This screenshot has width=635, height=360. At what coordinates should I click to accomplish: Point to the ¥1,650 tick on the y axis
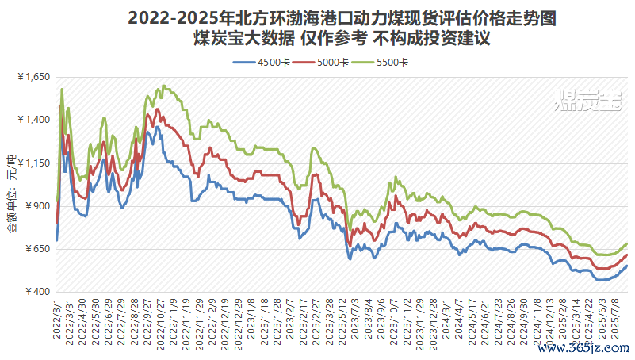pos(33,77)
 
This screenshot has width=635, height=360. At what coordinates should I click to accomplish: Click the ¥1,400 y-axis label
pos(33,121)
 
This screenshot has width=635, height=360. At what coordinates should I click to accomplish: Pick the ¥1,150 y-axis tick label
pos(33,163)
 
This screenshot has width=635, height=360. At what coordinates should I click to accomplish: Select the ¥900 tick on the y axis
pos(36,206)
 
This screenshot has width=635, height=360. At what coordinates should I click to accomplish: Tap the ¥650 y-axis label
pos(36,249)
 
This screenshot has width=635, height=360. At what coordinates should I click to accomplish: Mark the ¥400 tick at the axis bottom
pos(36,292)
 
